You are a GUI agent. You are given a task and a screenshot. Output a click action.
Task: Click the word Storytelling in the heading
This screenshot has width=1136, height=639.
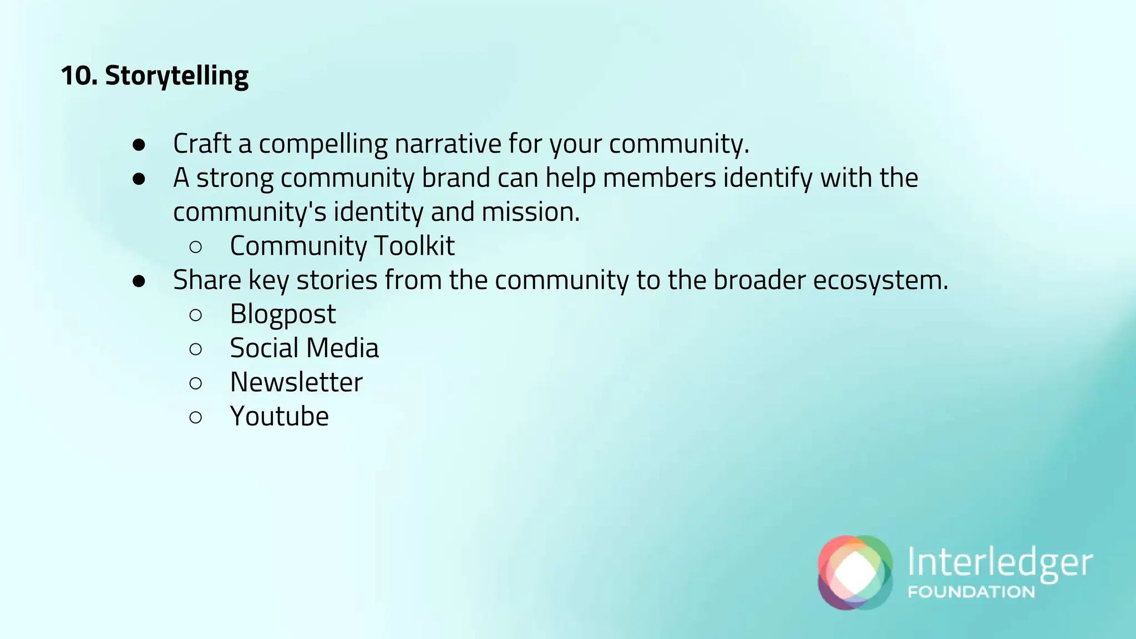pos(176,76)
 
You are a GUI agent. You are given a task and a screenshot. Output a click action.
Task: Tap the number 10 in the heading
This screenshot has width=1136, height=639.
pos(78,76)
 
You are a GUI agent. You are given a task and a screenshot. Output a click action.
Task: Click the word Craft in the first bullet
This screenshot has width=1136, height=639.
pos(202,144)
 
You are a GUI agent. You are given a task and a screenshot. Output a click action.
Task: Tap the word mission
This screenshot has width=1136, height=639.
pos(530,212)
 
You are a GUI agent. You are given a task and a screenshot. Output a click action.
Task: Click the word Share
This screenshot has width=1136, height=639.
pos(207,280)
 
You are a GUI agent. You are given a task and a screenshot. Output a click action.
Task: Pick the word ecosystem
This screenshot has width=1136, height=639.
pos(880,280)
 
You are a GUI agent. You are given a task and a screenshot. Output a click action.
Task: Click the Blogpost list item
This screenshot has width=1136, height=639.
pos(283,315)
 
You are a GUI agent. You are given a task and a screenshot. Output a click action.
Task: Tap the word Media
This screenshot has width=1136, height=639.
pos(342,348)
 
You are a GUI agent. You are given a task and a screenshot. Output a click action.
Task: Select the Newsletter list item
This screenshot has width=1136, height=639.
pos(296,382)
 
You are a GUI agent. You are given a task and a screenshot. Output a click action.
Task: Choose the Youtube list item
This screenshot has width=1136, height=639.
pos(279,417)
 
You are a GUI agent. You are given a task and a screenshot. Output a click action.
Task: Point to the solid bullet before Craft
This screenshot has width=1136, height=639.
pos(139,145)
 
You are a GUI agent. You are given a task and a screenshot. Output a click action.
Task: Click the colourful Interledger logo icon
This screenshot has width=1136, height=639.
pos(855,572)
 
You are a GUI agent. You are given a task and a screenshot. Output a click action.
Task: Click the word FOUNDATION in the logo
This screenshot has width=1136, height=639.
pos(971,592)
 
